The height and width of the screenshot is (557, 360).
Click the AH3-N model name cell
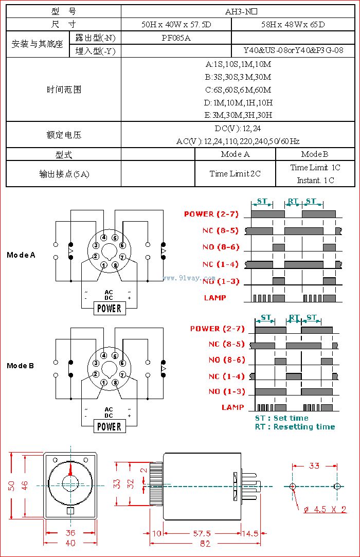point(238,11)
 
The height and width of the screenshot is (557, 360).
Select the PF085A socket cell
point(176,38)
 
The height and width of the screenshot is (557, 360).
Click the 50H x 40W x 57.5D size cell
point(176,24)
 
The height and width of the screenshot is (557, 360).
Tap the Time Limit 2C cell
point(235,174)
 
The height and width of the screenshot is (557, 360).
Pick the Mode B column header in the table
point(315,154)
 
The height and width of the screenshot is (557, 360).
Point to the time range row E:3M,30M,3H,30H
point(238,115)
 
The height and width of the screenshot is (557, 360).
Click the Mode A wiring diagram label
point(21,255)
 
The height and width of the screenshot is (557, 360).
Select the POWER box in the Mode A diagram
point(109,309)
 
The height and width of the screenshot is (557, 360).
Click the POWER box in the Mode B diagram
point(109,426)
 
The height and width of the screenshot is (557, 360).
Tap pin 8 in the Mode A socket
point(115,265)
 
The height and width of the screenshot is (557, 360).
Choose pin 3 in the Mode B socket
point(96,363)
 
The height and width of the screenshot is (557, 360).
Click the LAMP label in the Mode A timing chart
point(215,298)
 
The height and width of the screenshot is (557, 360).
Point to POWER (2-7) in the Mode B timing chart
point(218,329)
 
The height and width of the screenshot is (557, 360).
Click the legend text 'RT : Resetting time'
point(295,427)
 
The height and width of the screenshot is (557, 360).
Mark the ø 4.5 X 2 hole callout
point(325,510)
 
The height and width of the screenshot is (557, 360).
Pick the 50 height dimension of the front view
point(11,486)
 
